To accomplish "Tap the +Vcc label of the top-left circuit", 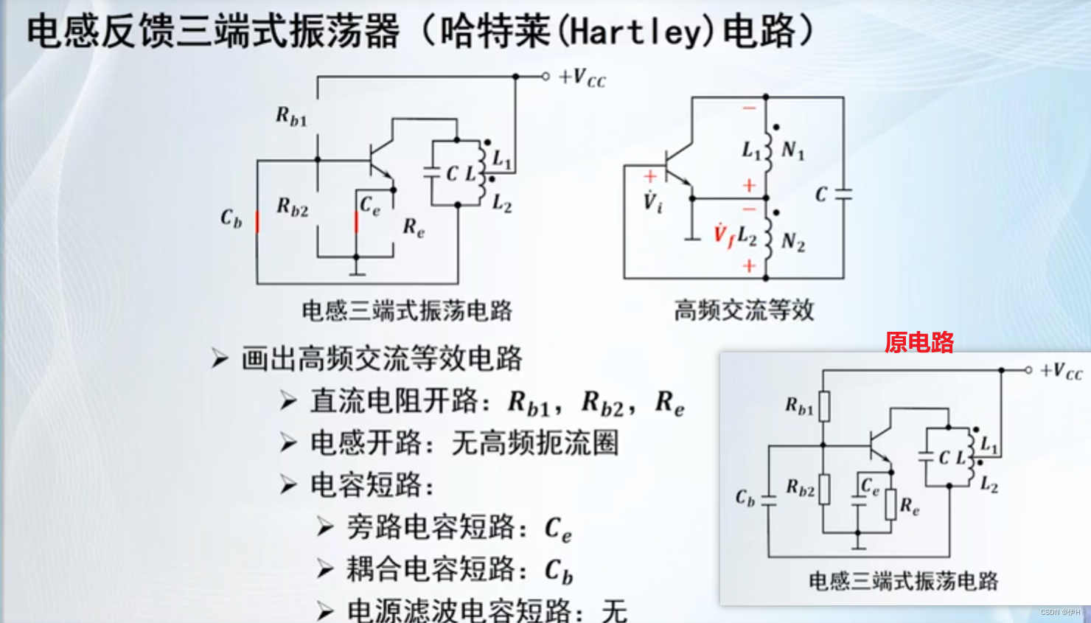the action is point(582,77).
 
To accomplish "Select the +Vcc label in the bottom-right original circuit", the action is point(1061,371).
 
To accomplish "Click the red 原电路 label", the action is point(919,342).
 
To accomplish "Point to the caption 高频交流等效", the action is point(744,310).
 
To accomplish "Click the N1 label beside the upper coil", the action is point(792,151).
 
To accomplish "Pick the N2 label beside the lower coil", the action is point(792,242).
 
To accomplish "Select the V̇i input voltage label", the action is point(652,201).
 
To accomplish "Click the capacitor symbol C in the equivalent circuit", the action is point(843,194).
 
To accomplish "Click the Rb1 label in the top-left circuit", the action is point(291,116).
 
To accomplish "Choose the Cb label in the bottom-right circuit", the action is point(745,498).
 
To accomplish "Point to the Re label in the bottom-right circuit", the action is point(910,507).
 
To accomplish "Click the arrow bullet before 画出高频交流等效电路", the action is point(220,359).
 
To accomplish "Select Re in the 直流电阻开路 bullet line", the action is point(669,403).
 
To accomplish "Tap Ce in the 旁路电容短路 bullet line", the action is point(558,529).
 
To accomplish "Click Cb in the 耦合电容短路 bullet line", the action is point(558,571).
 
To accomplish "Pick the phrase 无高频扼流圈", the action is point(534,443).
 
